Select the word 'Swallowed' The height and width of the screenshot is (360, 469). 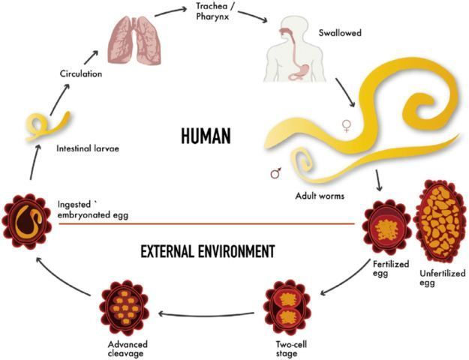coord(319,34)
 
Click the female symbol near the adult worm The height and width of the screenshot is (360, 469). coord(346,126)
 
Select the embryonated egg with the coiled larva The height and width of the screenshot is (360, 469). coord(28,217)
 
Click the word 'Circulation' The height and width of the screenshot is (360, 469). coord(80,73)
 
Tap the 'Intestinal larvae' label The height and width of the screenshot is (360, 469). coord(88,148)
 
